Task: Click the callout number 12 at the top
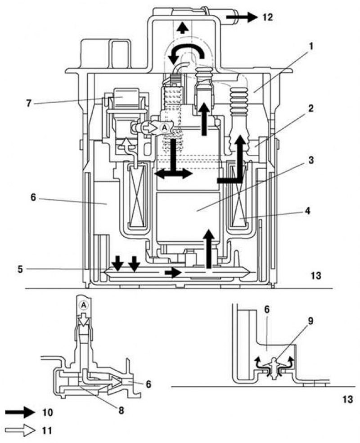268,18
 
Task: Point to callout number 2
311,108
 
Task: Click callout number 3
311,161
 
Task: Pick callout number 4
307,211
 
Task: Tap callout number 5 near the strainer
20,269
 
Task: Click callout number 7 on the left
28,103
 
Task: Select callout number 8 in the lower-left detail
121,411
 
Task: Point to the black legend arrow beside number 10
20,412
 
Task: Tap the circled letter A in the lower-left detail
83,305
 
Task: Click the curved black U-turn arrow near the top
185,53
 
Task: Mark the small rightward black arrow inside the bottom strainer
173,273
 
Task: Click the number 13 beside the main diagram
316,275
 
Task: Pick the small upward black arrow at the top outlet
183,28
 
